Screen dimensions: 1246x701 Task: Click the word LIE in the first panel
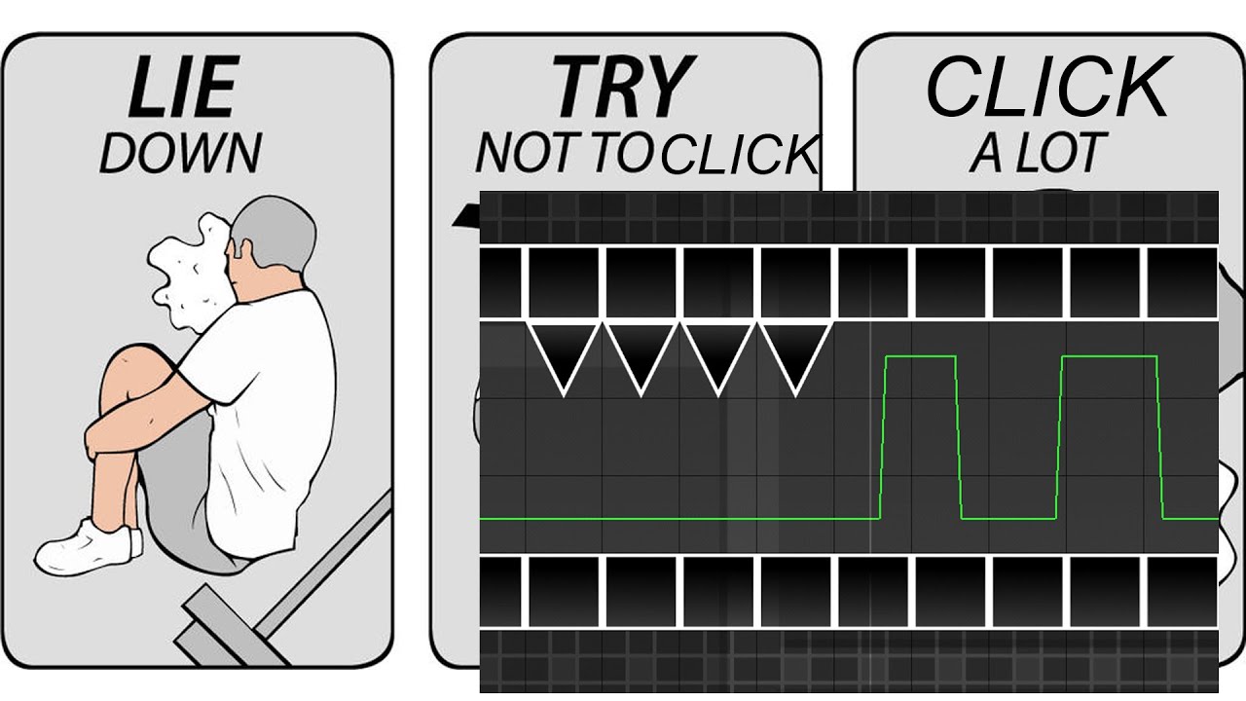184,87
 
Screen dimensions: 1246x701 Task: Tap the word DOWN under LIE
180,153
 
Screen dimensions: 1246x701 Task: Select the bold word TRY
623,87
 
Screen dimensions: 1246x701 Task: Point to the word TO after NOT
623,153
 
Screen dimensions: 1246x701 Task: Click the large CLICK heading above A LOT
1048,87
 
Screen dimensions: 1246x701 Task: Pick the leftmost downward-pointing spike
564,356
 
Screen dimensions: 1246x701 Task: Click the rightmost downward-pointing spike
796,356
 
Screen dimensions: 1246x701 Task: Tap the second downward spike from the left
641,356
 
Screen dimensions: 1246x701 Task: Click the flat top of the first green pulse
921,356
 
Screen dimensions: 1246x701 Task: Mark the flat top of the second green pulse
1109,356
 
